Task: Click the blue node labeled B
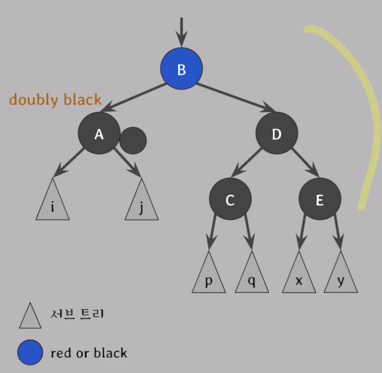click(x=181, y=69)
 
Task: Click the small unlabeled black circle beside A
click(x=133, y=141)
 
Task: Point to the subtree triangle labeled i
click(x=53, y=205)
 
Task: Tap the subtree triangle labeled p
click(x=209, y=278)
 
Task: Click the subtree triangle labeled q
click(x=252, y=278)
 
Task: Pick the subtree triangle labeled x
click(x=299, y=278)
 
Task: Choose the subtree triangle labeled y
click(x=341, y=278)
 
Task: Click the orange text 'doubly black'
click(x=55, y=100)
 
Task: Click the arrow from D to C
click(x=247, y=164)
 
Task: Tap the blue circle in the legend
click(x=30, y=352)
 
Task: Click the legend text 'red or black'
click(x=89, y=353)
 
